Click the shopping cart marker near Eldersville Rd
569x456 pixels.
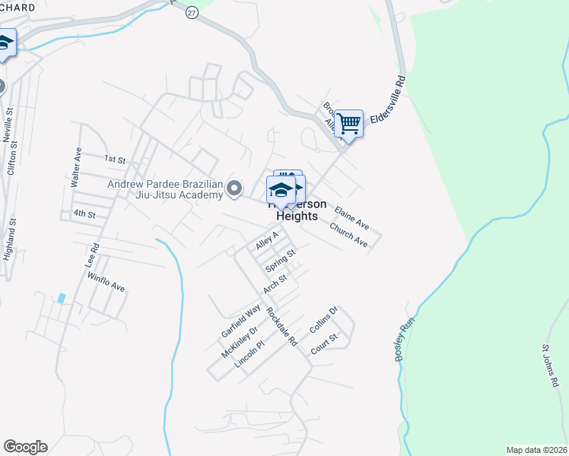point(348,122)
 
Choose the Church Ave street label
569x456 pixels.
point(349,235)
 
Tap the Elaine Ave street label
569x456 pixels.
point(351,217)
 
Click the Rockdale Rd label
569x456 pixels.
point(281,327)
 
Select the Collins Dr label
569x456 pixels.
point(323,320)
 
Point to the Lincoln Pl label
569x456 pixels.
point(249,355)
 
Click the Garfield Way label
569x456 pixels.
point(240,321)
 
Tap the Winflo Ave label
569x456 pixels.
point(106,282)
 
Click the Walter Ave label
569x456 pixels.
point(75,168)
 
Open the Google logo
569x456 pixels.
point(25,447)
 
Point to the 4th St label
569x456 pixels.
point(84,214)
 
